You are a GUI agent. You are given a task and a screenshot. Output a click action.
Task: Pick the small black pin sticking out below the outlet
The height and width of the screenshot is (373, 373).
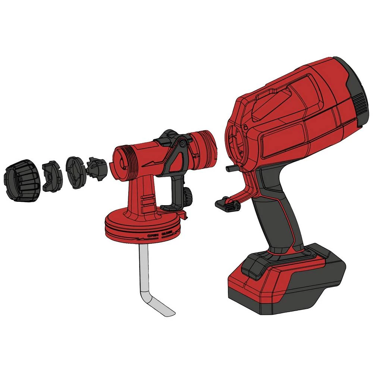coord(232,168)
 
